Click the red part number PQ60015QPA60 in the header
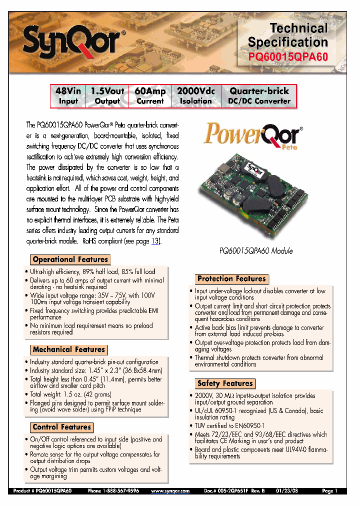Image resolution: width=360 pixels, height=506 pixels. (288, 56)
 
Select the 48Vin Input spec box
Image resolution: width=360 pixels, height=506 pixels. (68, 96)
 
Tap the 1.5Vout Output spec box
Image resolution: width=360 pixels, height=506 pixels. (107, 96)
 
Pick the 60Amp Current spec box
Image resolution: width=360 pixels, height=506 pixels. (150, 96)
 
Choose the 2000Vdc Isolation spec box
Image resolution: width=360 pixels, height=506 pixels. (196, 96)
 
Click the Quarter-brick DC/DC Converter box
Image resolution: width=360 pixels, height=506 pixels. (259, 96)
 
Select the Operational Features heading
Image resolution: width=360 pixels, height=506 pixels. (70, 259)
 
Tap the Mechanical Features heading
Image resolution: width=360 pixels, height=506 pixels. (68, 349)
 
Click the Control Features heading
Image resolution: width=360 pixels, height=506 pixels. (61, 427)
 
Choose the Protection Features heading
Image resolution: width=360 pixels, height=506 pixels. (231, 278)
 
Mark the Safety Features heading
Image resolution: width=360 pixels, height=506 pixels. (225, 383)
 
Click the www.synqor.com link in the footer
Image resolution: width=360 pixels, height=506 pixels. (170, 491)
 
